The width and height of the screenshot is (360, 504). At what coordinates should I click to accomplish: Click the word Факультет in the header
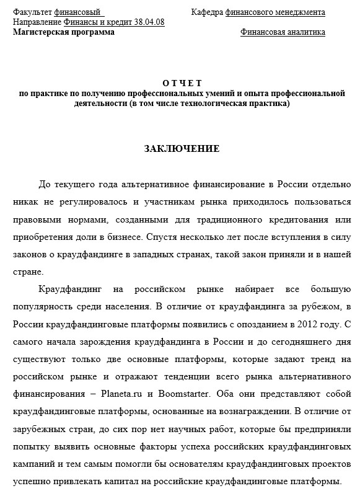[x=32, y=12]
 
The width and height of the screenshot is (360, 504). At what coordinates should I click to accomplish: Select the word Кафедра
[x=207, y=12]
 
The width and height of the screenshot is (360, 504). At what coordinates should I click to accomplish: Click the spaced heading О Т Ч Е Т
[x=182, y=82]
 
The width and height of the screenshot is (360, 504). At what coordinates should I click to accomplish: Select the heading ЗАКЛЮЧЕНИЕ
[x=182, y=149]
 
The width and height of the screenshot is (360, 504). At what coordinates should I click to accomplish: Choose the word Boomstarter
[x=185, y=392]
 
